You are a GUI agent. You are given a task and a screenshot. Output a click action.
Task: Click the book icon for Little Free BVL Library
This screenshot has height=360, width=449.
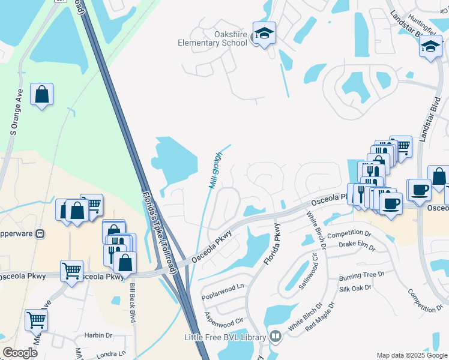coord(276,337)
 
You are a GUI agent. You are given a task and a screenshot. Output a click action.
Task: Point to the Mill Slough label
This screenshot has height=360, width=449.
coord(215,172)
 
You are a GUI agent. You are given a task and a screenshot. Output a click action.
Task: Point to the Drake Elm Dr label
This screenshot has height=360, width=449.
coord(357,246)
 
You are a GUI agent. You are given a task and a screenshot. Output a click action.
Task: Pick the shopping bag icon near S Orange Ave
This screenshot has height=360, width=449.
coord(41,94)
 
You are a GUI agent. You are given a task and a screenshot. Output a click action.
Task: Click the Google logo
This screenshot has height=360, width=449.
coord(21,353)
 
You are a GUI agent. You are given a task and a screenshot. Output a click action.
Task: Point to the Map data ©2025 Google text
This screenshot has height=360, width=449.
coord(411,355)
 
